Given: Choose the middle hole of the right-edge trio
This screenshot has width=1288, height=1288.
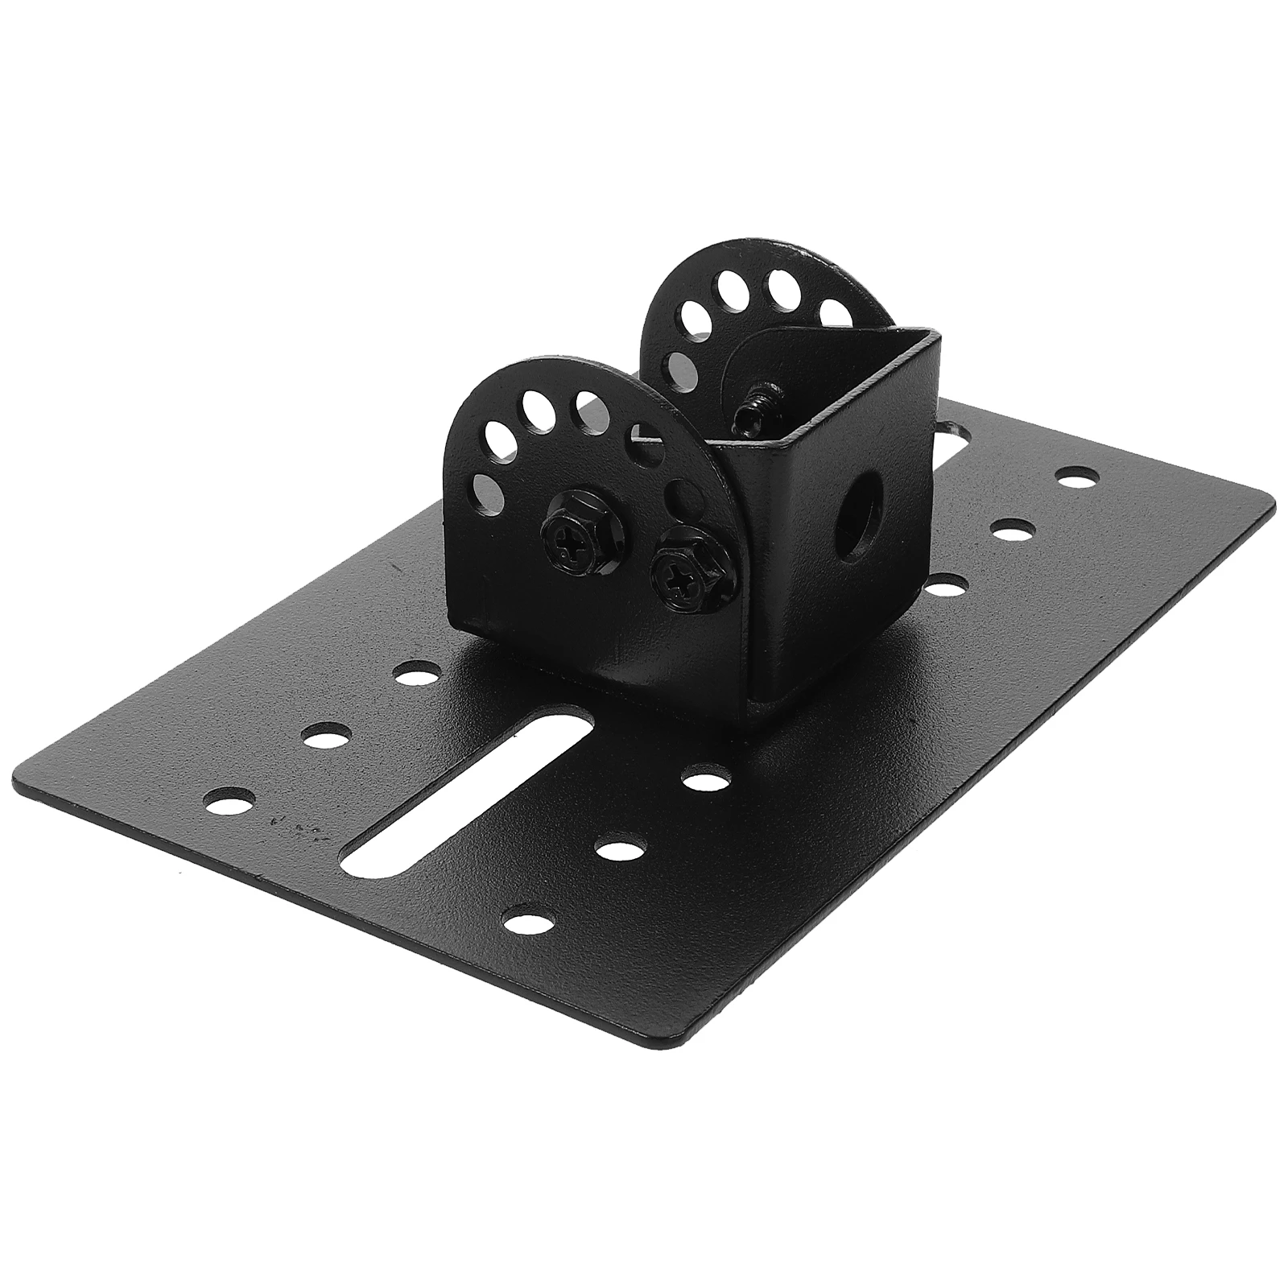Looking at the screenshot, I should click(1013, 530).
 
